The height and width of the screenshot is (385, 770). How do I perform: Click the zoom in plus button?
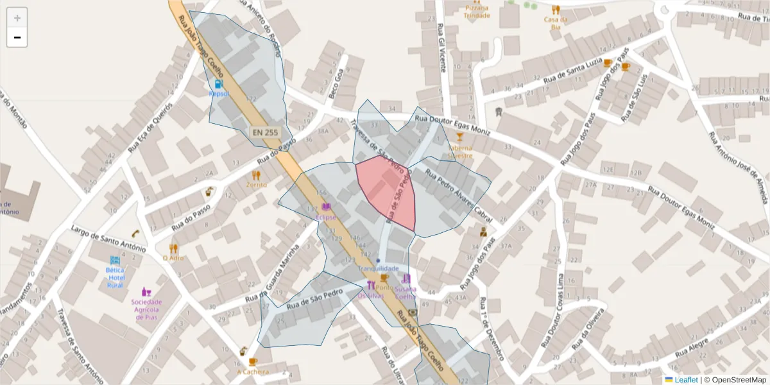17,18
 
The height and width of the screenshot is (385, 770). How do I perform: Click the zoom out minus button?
17,38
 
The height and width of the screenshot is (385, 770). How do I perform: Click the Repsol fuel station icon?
219,83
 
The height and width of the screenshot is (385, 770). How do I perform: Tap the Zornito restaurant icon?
257,175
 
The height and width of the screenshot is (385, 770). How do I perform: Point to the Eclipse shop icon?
326,207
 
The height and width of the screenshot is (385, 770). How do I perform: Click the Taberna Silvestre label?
459,151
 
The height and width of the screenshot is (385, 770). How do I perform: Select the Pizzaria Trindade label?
476,12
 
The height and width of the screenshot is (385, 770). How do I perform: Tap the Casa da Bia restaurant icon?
556,10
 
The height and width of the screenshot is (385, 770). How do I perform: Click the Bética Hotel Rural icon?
115,261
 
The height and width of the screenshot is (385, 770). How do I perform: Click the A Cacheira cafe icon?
252,362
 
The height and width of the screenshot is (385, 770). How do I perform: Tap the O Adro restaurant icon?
173,248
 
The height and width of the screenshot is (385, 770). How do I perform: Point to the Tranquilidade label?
379,268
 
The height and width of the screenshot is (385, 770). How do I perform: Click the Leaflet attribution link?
686,380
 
